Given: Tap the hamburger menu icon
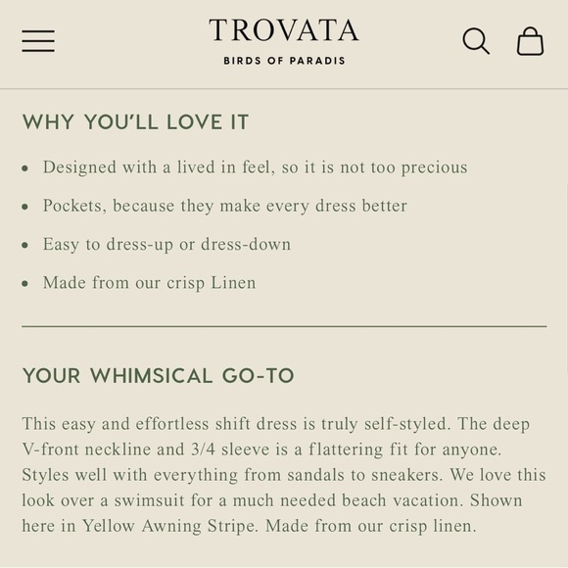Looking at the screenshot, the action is (x=38, y=40).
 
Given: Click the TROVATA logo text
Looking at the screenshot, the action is (x=283, y=30).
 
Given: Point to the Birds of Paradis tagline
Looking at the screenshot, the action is (x=284, y=61).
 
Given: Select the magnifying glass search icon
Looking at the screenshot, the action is (x=476, y=41).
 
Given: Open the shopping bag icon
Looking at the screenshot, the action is (x=530, y=41).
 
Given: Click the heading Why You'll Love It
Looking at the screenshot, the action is (x=135, y=122).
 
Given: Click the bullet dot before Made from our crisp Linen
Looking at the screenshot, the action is (x=25, y=284).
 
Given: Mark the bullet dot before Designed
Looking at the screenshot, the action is (x=25, y=168).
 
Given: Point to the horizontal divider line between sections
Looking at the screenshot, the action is (x=284, y=325).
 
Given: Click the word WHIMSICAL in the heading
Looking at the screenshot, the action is (x=151, y=376).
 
